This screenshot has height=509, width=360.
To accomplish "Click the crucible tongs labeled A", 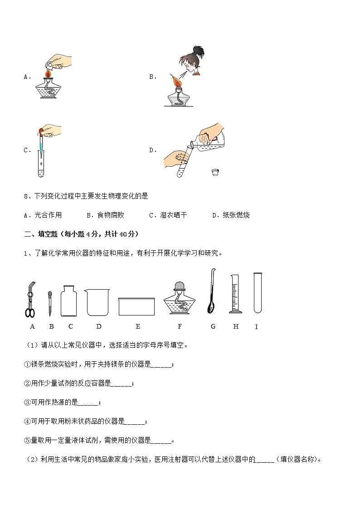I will pos(30,300).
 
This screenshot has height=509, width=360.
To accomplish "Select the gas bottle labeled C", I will pos(69,301).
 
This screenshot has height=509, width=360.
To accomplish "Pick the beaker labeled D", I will pos(97,302).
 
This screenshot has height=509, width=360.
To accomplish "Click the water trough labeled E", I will pos(136,306).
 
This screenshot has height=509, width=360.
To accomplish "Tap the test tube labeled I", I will pos(258,292).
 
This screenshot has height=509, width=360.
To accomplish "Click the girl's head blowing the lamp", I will pos(190,61).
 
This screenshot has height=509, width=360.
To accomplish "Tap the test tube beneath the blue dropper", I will pos(41,164).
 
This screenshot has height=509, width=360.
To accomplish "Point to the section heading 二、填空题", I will pos(41,234).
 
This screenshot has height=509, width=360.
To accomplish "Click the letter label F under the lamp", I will pos(180,326).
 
